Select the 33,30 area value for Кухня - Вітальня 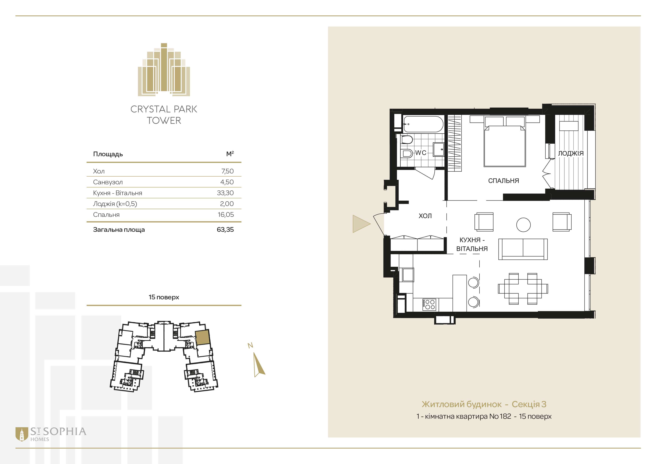click(x=225, y=193)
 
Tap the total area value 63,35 click(x=225, y=229)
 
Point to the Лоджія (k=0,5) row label click(x=115, y=204)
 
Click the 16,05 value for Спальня click(x=226, y=215)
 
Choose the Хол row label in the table click(x=99, y=171)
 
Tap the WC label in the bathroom click(x=420, y=153)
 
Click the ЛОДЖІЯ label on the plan click(x=571, y=153)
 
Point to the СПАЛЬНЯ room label click(x=503, y=181)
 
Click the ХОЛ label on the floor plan click(x=425, y=216)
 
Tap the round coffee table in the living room click(x=523, y=225)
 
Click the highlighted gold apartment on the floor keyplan click(x=203, y=337)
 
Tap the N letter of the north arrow click(x=250, y=345)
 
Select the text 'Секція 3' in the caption click(x=529, y=404)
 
